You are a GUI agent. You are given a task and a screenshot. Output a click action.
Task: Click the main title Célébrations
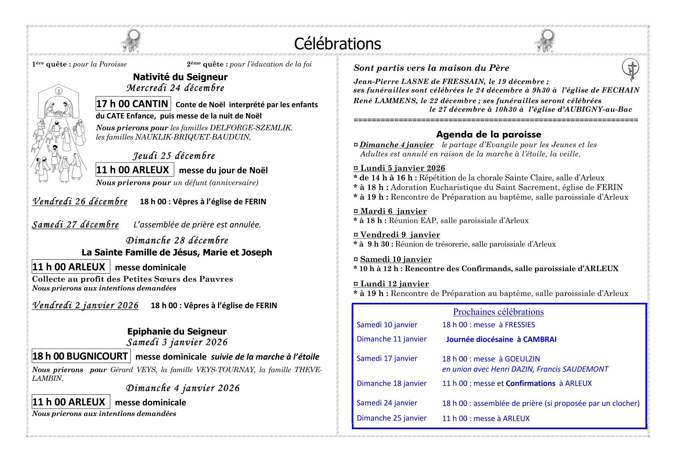point(337,44)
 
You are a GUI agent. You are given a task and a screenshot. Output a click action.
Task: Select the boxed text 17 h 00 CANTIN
point(133,104)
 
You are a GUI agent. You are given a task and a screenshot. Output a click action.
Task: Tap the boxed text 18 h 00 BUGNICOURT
point(80,356)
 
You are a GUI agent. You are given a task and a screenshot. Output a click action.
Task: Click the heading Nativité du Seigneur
point(180,77)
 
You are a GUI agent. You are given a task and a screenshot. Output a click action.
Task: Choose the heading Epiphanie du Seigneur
point(177,331)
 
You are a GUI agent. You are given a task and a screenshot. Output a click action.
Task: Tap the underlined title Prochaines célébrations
point(498,312)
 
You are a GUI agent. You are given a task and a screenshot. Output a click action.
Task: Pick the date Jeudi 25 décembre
point(174,156)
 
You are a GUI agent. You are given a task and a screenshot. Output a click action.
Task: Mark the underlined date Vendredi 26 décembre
point(80,202)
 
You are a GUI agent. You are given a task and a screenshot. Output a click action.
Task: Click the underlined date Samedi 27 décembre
point(76,225)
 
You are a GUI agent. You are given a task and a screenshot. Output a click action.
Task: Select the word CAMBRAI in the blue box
point(539,340)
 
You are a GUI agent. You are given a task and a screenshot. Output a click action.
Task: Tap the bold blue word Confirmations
point(530,384)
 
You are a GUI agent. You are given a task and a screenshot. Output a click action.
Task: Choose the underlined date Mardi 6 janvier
point(393,211)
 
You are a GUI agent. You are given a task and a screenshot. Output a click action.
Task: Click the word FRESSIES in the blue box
point(517,325)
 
